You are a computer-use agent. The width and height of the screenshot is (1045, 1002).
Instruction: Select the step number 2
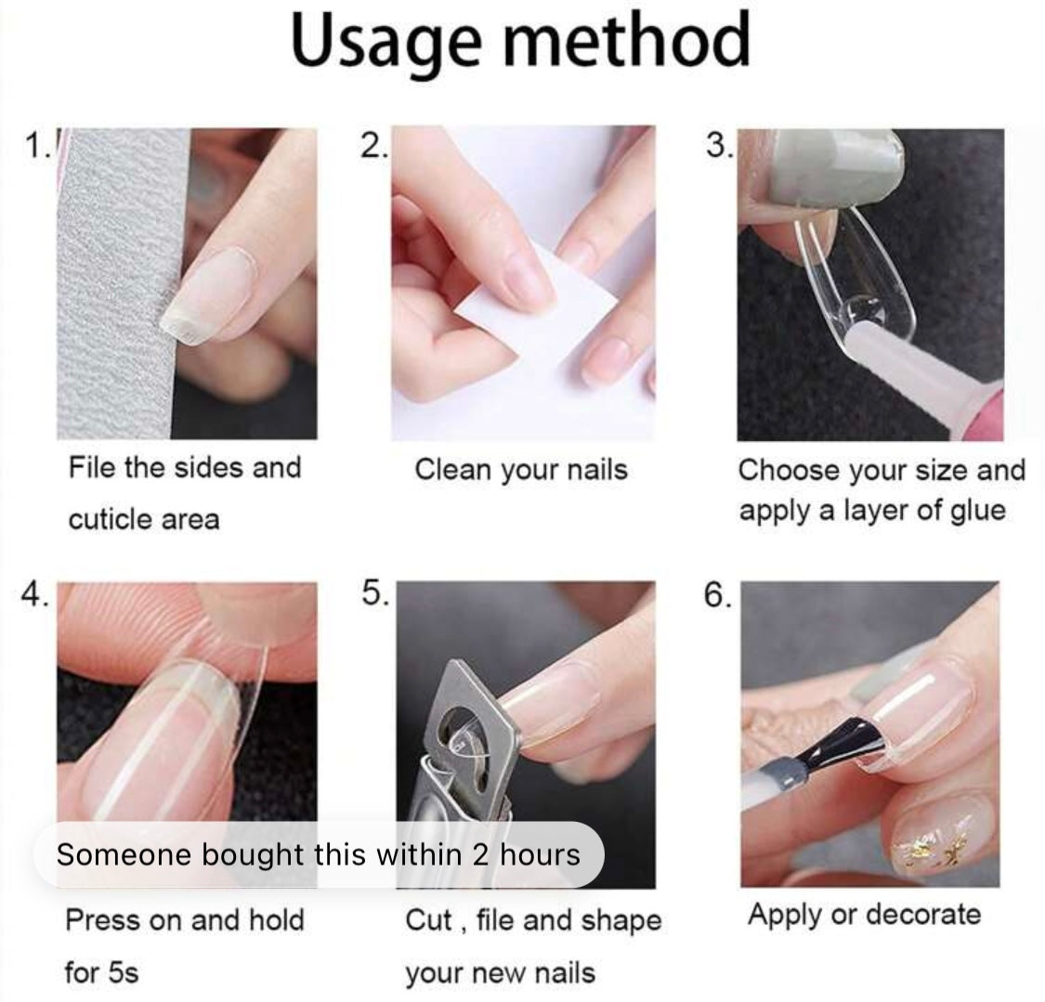coord(373,145)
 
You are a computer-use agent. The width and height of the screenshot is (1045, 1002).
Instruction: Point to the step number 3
coord(718,145)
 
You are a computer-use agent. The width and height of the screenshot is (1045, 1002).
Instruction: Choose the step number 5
coord(376,593)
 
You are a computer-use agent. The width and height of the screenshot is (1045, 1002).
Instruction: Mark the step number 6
coord(717,594)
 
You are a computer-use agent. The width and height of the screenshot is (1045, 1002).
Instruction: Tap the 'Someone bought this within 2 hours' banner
coord(319,854)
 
